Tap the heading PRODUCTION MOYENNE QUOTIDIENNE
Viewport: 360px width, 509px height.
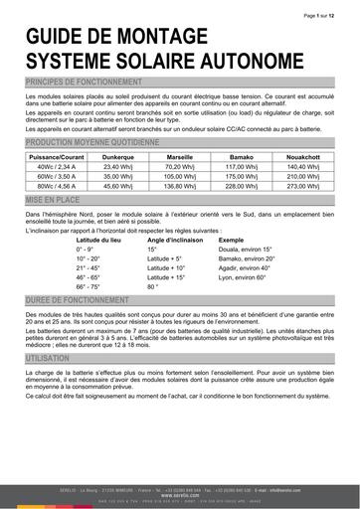(x=90, y=143)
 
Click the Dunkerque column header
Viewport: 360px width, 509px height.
(x=117, y=156)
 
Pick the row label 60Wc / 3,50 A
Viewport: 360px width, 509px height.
(x=55, y=175)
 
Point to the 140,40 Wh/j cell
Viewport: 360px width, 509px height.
(x=302, y=166)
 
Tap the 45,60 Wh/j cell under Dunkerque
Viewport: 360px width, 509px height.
(x=117, y=185)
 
